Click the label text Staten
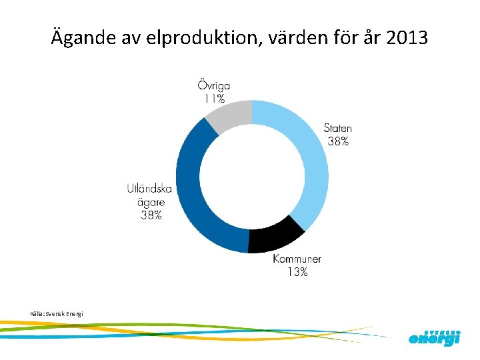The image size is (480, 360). [x=337, y=128]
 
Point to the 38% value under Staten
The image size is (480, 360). [x=337, y=141]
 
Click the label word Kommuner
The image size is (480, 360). [x=297, y=259]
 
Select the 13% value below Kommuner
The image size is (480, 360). [x=297, y=272]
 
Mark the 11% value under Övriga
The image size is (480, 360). [x=214, y=98]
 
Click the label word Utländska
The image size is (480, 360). [x=149, y=189]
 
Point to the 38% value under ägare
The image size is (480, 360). [x=150, y=215]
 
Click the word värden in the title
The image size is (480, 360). [x=288, y=38]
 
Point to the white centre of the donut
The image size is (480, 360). [x=252, y=177]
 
